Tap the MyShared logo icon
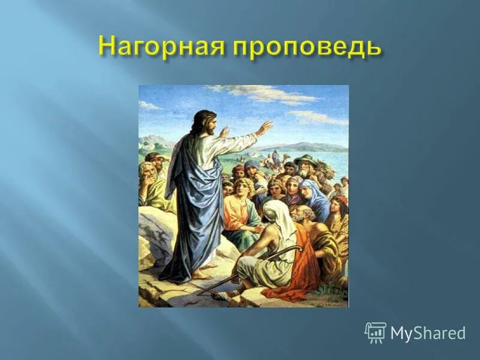coord(376,332)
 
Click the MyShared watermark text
coord(428,334)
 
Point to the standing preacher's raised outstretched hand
coord(263,127)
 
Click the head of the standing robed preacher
coord(203,123)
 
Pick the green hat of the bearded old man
coord(305,160)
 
